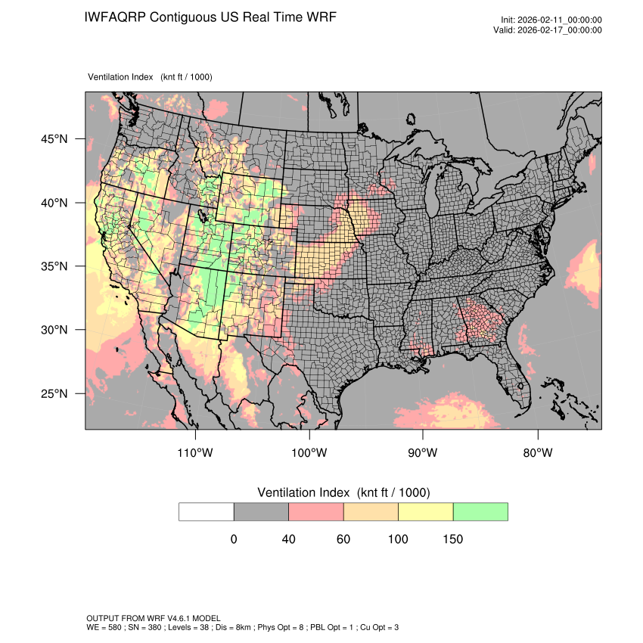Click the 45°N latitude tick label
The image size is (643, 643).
[54, 139]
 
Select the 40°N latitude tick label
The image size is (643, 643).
[54, 203]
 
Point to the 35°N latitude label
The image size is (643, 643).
[54, 266]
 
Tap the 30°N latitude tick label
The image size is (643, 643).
[54, 330]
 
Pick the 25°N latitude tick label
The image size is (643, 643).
[54, 393]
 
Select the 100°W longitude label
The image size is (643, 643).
[309, 453]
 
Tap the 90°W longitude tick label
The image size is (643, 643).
[423, 453]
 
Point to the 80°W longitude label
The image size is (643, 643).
[537, 453]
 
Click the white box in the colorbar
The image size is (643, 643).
[207, 511]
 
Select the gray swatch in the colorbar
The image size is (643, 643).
[261, 511]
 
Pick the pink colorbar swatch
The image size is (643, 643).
[316, 511]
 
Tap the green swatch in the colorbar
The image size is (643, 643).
[480, 511]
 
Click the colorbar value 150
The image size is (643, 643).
[452, 539]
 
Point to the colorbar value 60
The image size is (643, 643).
[343, 539]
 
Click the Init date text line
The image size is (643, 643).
[551, 20]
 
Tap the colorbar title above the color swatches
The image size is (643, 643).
[343, 492]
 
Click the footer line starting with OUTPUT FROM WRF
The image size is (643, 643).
[154, 619]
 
